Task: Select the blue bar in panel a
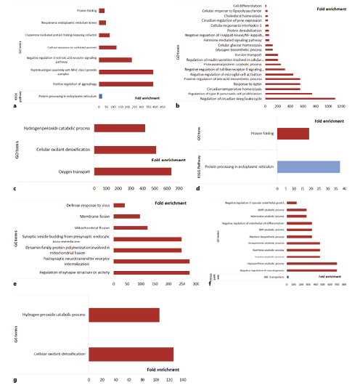pos(101,95)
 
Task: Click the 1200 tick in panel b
pos(340,106)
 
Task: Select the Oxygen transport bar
pos(134,171)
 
